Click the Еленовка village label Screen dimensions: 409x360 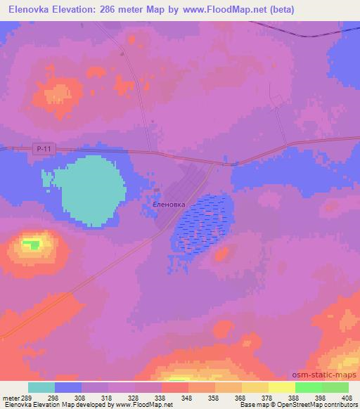[169, 204]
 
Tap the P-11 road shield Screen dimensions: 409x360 [44, 147]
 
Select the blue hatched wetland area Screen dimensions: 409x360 [201, 223]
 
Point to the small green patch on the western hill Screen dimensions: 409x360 [30, 245]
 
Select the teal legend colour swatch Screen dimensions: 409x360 [41, 387]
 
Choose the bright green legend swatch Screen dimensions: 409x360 [308, 387]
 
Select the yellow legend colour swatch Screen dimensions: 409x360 [255, 387]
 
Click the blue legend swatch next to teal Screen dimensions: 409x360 [68, 387]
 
